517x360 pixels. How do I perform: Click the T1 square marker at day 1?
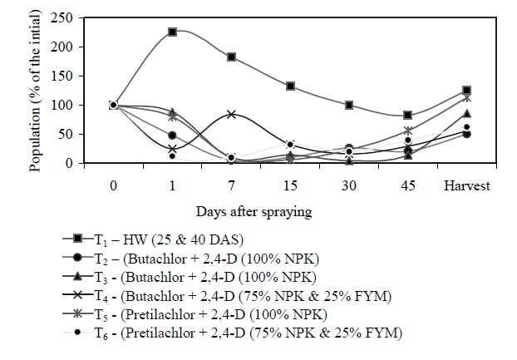172,32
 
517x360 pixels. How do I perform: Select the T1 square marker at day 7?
231,57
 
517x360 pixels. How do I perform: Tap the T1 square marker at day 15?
290,86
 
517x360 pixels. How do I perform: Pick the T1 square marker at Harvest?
467,90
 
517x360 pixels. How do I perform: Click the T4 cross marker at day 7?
231,114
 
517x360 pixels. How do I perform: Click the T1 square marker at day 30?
349,106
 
